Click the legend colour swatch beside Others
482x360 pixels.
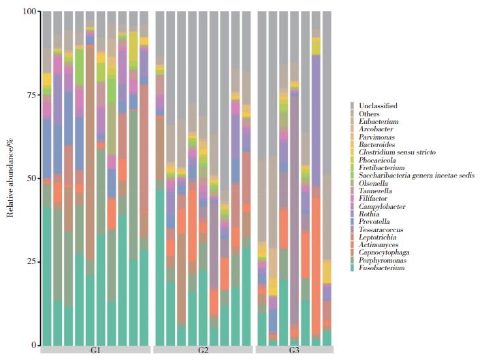click(352, 114)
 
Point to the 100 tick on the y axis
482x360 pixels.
click(30, 12)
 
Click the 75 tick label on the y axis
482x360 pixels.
click(32, 95)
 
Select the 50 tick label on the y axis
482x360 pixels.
click(32, 178)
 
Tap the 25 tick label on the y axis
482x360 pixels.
click(32, 262)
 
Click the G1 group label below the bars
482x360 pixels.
click(96, 350)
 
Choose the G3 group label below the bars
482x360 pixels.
click(294, 350)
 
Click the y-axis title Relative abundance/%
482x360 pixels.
click(10, 178)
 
